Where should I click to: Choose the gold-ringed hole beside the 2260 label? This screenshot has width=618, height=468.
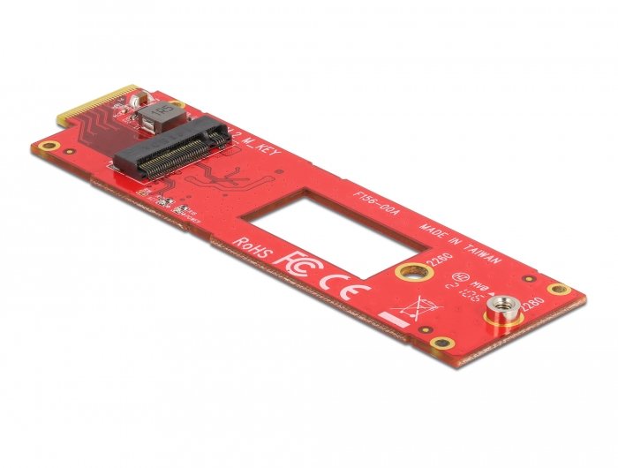tap(410, 271)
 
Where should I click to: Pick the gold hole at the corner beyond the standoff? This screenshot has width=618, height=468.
tap(556, 289)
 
